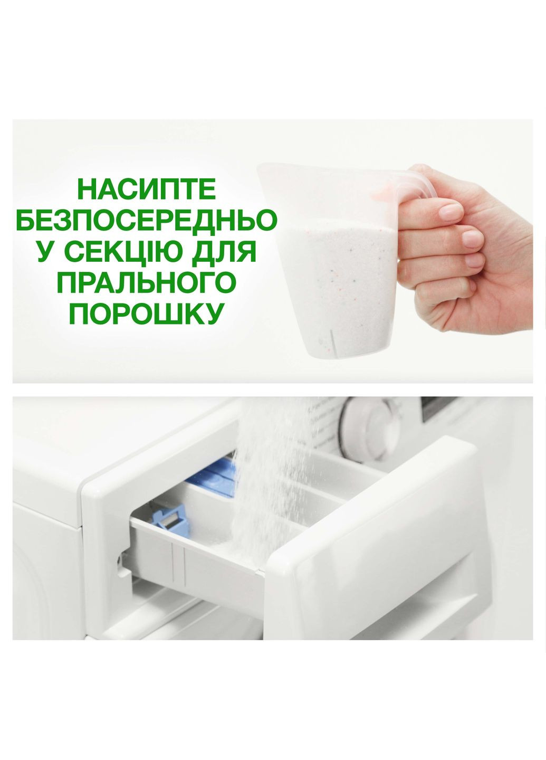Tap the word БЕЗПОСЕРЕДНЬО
(x=147, y=220)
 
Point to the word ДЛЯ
(x=231, y=253)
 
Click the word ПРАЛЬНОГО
(x=147, y=283)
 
